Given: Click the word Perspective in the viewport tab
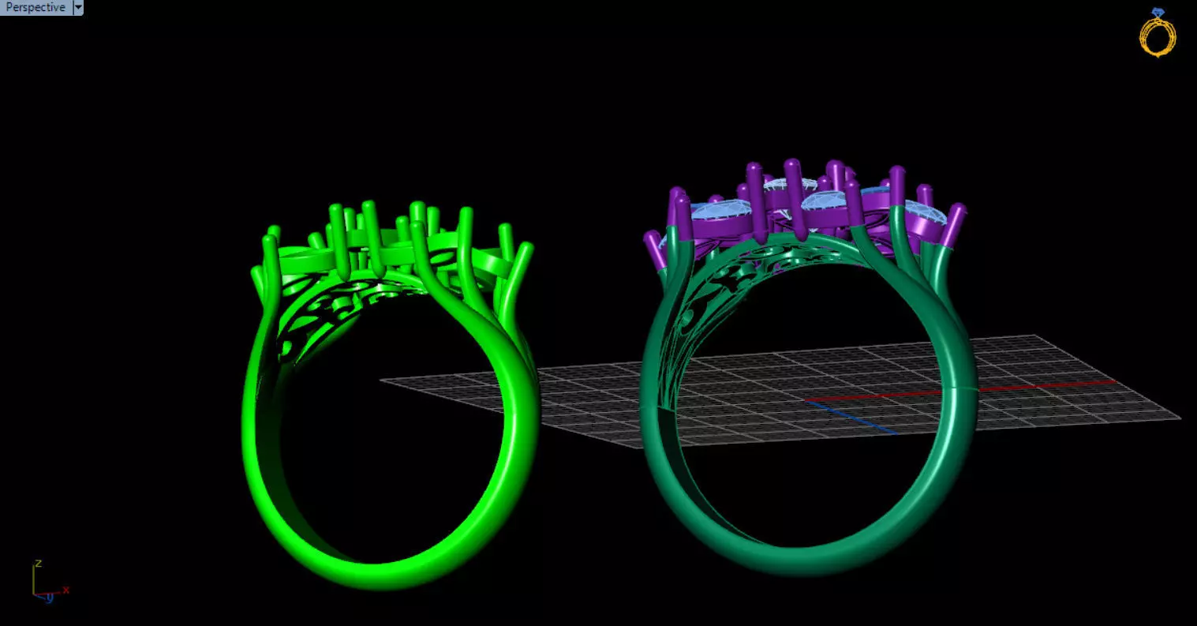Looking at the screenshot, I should coord(36,7).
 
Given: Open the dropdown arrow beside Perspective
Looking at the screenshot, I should coord(77,7).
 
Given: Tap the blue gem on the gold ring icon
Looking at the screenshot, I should coord(1158,12).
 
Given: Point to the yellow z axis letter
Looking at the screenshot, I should coord(37,564).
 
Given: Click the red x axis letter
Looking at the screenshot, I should coord(66,590).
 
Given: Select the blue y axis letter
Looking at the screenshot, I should coord(49,598).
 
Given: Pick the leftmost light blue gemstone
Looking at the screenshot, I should coord(714,211).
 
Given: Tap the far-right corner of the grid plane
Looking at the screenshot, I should coord(1179,418).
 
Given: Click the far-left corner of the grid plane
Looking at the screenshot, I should coord(382,380).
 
